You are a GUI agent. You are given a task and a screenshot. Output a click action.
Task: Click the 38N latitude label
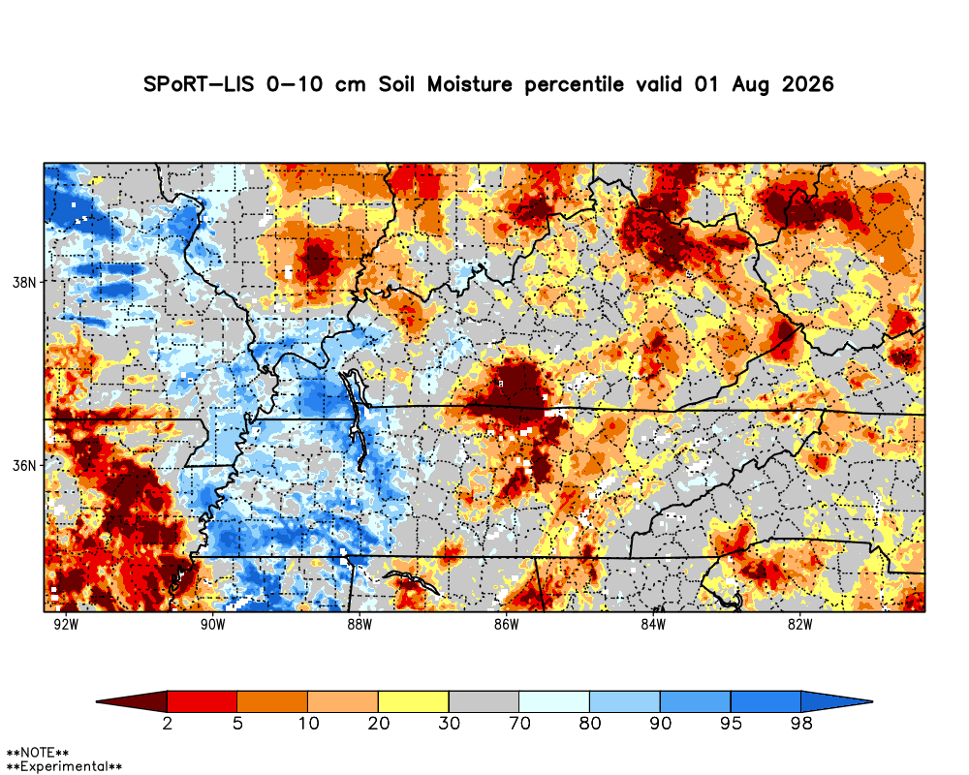point(24,283)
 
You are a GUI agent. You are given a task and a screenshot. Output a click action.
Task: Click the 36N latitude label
point(24,465)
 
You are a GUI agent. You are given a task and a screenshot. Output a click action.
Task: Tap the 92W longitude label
point(66,625)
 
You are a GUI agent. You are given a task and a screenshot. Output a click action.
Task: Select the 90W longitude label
point(213,625)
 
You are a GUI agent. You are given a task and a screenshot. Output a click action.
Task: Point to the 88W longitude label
point(359,625)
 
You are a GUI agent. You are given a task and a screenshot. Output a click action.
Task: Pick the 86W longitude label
point(506,625)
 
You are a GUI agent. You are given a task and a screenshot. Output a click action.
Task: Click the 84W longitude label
point(653,625)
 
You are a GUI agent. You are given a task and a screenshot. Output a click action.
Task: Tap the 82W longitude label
point(799,625)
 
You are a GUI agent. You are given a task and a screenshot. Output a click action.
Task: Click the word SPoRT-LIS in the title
point(199,84)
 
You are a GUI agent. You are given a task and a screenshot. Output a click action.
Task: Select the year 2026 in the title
point(808,84)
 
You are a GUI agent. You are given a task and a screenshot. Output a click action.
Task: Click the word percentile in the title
point(574,84)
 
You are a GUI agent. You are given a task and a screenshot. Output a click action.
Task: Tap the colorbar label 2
point(168,723)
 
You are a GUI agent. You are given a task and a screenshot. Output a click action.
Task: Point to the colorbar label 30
point(450,723)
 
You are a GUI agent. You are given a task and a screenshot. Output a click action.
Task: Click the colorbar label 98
point(801,723)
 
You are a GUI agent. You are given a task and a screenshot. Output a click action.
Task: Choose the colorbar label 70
point(519,723)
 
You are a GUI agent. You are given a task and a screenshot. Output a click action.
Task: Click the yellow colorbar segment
point(414,701)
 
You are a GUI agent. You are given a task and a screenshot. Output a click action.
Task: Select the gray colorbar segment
point(484,701)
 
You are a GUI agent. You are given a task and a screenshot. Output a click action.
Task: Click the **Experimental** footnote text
point(64,767)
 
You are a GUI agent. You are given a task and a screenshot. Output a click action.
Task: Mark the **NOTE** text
point(37,753)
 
